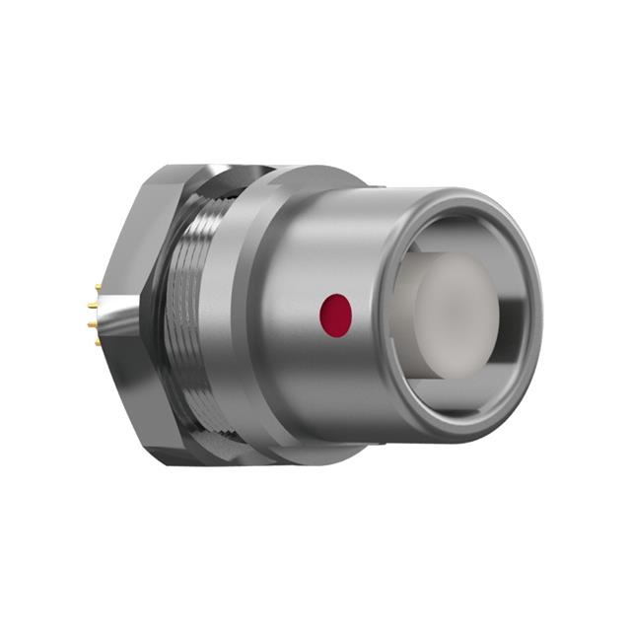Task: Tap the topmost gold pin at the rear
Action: click(98, 288)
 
